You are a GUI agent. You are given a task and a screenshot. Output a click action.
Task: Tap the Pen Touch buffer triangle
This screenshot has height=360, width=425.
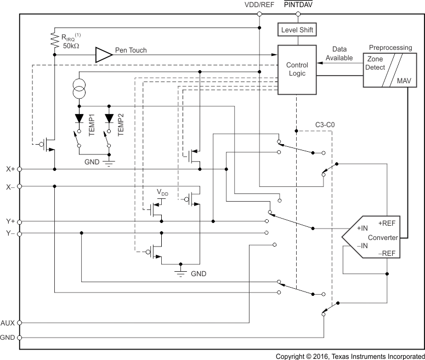click(x=103, y=54)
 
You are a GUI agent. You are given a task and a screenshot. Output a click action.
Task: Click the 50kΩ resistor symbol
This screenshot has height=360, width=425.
click(x=54, y=39)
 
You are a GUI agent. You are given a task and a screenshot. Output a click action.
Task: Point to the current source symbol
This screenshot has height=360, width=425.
click(x=80, y=88)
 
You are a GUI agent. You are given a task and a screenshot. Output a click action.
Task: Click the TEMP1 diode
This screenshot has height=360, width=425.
click(x=80, y=118)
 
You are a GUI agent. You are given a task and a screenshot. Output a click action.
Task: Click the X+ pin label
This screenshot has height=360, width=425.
click(x=10, y=169)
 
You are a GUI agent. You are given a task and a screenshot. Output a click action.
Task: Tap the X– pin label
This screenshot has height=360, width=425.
click(x=10, y=187)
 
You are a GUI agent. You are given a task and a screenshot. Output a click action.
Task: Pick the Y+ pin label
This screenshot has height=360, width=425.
click(x=10, y=221)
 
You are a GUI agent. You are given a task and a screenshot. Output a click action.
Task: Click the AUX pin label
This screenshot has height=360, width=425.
click(x=8, y=323)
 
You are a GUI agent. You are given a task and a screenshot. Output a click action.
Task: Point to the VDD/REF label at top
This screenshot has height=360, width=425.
click(x=259, y=5)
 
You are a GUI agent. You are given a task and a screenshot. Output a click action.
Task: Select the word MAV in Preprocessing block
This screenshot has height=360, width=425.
click(x=403, y=80)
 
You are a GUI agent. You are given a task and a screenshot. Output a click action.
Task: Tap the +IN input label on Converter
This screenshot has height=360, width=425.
click(x=362, y=228)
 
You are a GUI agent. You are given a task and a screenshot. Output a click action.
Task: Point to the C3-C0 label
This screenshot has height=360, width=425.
click(x=325, y=125)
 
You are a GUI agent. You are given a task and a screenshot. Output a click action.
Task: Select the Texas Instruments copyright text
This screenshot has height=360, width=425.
click(x=349, y=355)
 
